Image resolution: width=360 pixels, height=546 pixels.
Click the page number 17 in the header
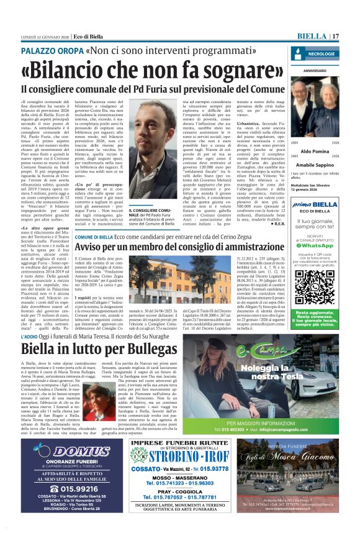[x=336, y=36]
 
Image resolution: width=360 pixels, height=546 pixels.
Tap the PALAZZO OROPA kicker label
[x=60, y=48]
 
